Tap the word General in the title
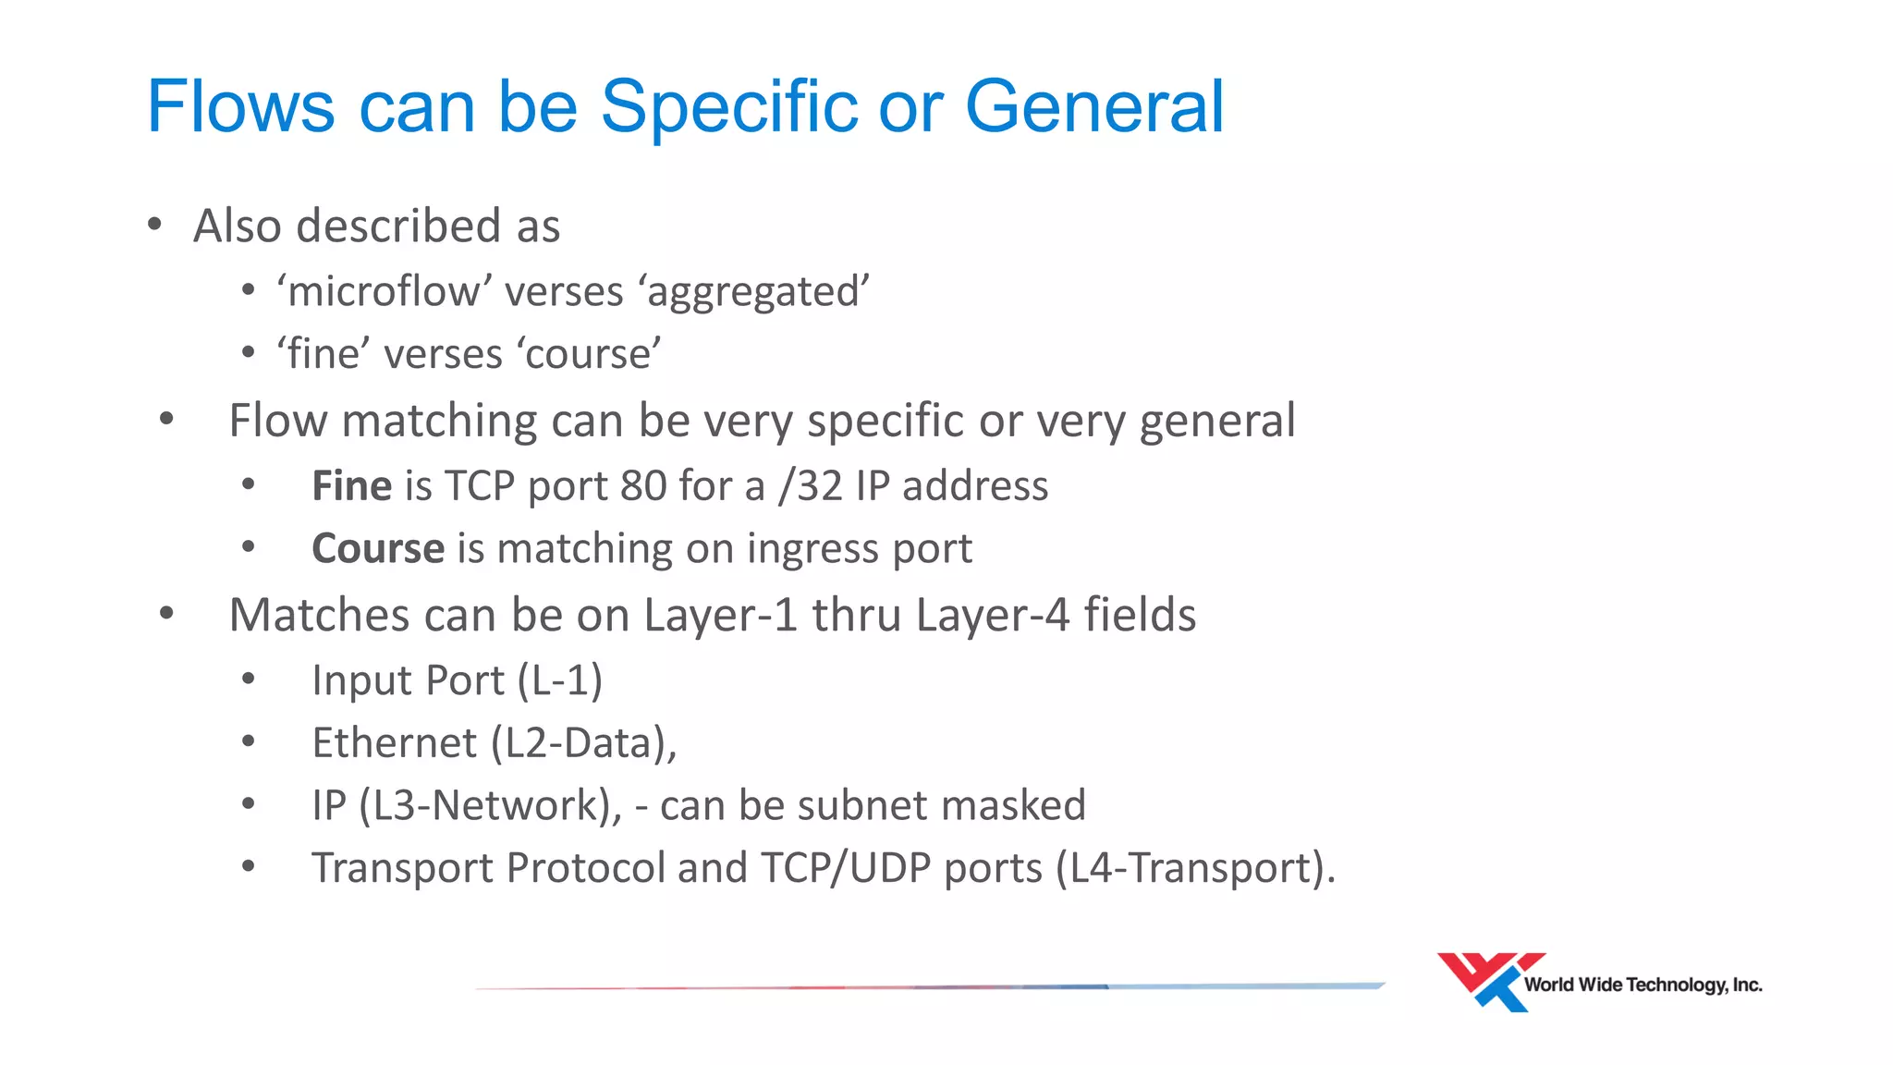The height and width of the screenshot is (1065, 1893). (x=1094, y=107)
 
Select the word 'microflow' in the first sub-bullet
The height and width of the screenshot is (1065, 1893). (x=385, y=292)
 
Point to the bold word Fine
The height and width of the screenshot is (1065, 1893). (x=352, y=486)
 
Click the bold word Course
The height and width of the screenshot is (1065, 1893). (x=378, y=549)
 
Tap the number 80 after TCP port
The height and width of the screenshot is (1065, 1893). (x=643, y=486)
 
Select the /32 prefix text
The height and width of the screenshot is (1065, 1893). (x=810, y=486)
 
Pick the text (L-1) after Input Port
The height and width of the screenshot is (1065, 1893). (x=560, y=681)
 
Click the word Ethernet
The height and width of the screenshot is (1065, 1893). (x=395, y=743)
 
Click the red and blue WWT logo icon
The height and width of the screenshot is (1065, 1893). (x=1485, y=980)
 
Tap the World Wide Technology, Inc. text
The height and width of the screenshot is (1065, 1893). (x=1643, y=985)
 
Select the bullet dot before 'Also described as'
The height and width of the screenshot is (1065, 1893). (x=155, y=224)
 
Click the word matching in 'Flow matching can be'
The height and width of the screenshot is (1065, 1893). (x=440, y=422)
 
